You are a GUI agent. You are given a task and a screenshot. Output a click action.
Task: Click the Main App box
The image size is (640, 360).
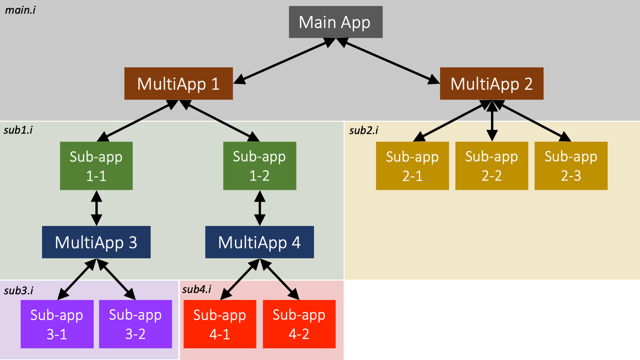pyautogui.click(x=335, y=22)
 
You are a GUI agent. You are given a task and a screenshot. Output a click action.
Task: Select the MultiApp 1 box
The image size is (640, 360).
pyautogui.click(x=179, y=83)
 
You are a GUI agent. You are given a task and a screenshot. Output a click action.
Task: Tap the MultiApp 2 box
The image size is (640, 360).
pyautogui.click(x=492, y=83)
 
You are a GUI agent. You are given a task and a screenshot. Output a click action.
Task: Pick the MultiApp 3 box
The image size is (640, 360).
pyautogui.click(x=96, y=242)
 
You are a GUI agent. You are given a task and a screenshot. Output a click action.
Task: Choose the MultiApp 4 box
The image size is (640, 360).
pyautogui.click(x=259, y=242)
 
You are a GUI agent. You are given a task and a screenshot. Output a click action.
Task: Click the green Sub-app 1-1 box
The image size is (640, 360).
pyautogui.click(x=96, y=166)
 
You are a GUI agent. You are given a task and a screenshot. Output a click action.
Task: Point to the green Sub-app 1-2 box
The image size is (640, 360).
pyautogui.click(x=259, y=166)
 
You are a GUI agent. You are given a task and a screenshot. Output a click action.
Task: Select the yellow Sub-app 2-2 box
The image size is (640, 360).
pyautogui.click(x=492, y=166)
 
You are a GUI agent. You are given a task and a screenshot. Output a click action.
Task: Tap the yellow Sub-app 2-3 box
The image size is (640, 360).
pyautogui.click(x=571, y=166)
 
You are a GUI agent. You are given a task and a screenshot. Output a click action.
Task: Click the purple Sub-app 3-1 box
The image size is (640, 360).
pyautogui.click(x=57, y=324)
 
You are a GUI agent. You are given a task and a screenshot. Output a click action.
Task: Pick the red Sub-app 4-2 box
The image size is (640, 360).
pyautogui.click(x=299, y=324)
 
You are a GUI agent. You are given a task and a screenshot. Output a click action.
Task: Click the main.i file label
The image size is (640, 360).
pyautogui.click(x=20, y=10)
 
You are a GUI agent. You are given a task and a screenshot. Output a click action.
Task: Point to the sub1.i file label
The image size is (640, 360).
pyautogui.click(x=18, y=130)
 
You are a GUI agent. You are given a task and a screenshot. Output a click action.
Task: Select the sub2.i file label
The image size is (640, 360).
pyautogui.click(x=363, y=130)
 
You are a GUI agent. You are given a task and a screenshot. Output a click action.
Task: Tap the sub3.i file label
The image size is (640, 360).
pyautogui.click(x=18, y=291)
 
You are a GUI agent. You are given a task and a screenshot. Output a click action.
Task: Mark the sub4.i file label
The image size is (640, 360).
pyautogui.click(x=197, y=289)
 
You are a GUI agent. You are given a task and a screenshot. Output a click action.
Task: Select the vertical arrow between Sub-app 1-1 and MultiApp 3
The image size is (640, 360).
pyautogui.click(x=96, y=208)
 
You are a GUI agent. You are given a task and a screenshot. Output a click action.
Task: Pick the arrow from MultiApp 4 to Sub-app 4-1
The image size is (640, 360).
pyautogui.click(x=240, y=279)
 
